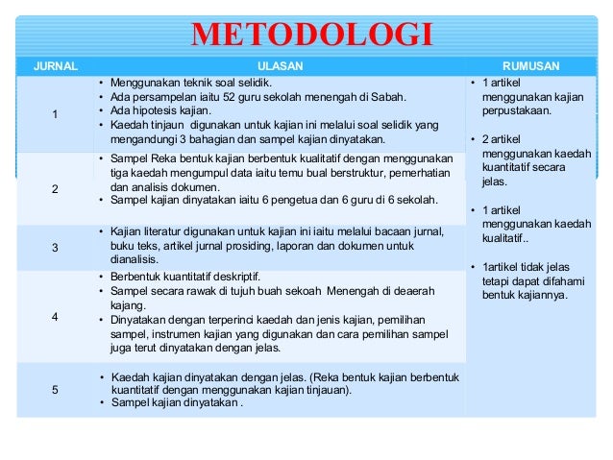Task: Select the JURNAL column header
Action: [x=55, y=66]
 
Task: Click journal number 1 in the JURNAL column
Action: [x=55, y=116]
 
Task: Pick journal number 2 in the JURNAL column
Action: [x=55, y=189]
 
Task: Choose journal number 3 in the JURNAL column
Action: [x=55, y=249]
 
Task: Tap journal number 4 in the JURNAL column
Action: [x=55, y=316]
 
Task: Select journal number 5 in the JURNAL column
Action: [x=55, y=390]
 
